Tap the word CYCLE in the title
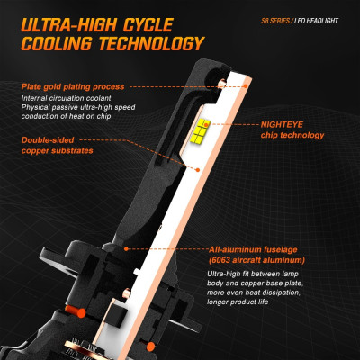click(x=148, y=25)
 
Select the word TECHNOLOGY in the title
click(x=152, y=44)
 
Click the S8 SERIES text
click(x=275, y=21)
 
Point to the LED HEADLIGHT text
click(x=316, y=21)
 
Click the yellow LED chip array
click(x=201, y=130)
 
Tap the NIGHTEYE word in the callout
click(x=282, y=124)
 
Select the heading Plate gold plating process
click(x=73, y=87)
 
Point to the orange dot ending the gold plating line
click(x=246, y=86)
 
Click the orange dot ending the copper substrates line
click(x=198, y=170)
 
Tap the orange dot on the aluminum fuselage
click(x=126, y=249)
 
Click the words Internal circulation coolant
click(x=66, y=98)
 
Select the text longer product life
click(x=238, y=301)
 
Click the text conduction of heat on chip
click(x=66, y=116)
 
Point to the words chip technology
click(x=292, y=135)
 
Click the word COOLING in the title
click(x=57, y=44)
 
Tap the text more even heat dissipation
click(x=254, y=292)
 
